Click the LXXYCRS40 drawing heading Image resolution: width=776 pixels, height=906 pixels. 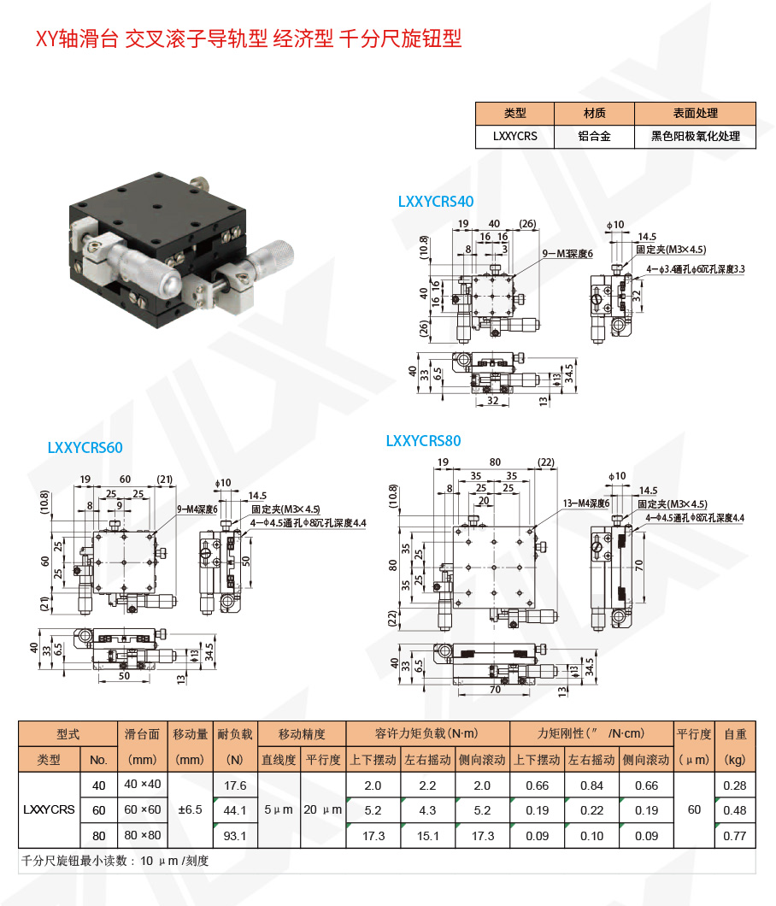[x=435, y=202]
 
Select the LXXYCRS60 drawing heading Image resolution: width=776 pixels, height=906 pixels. [x=85, y=447]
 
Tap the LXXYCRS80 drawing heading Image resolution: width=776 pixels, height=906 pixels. [x=423, y=441]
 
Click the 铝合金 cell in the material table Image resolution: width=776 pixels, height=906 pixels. [x=595, y=136]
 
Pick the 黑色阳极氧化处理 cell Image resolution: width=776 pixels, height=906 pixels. [x=695, y=136]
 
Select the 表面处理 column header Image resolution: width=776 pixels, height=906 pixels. [x=695, y=113]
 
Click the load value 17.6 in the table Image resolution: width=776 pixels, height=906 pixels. [x=234, y=785]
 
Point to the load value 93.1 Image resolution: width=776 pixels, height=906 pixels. [x=234, y=835]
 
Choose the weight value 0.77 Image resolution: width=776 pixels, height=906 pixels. [x=734, y=835]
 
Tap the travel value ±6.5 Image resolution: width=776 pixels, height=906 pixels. [x=190, y=810]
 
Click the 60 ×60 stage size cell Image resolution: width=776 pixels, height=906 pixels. [x=143, y=810]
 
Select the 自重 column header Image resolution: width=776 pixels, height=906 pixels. [x=734, y=733]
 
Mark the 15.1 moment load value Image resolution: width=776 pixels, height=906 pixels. [x=427, y=835]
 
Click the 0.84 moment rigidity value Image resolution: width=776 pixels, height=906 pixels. [x=591, y=785]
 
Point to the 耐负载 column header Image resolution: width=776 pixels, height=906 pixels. [x=234, y=733]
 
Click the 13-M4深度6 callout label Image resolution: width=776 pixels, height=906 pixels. [x=586, y=503]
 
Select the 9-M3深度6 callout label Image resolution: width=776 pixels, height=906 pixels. [x=567, y=254]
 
